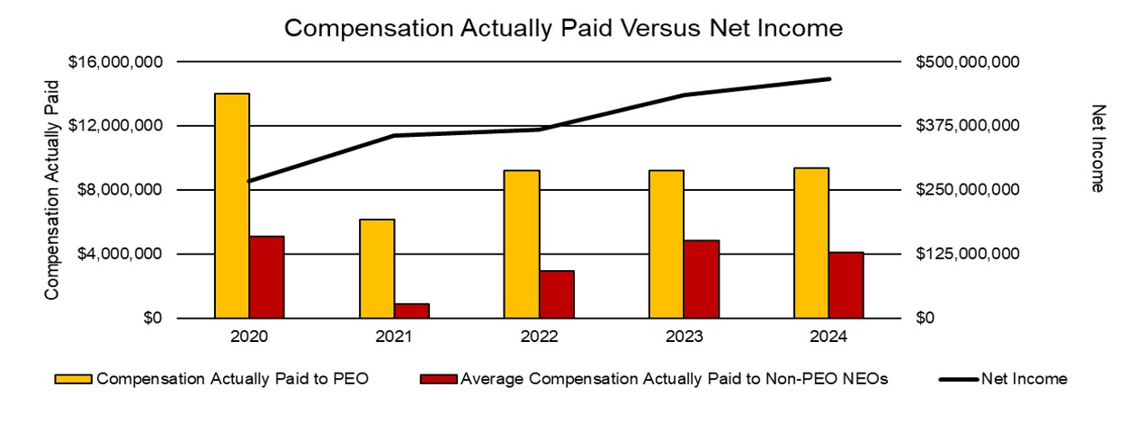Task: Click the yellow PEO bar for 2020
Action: (x=232, y=206)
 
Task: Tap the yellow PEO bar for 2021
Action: (x=377, y=269)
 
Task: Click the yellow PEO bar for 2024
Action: (x=811, y=243)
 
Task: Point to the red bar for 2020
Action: (x=266, y=277)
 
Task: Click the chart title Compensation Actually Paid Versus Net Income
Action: (x=563, y=29)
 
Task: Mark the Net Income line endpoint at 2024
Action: (x=828, y=79)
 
